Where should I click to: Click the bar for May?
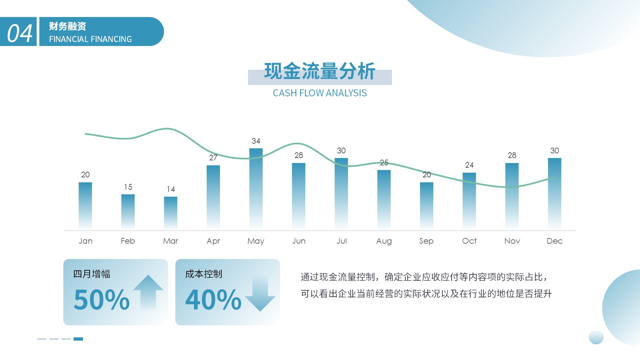(x=256, y=189)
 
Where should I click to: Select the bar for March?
(x=171, y=213)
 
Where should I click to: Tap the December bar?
(x=555, y=194)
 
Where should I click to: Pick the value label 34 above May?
(x=256, y=141)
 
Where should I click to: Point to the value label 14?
(x=171, y=189)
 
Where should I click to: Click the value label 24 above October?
(x=469, y=165)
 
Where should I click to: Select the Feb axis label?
(x=128, y=241)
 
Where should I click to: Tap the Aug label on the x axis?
(x=384, y=241)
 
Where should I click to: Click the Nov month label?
(x=512, y=241)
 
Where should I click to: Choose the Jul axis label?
(x=341, y=241)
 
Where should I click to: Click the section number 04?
(x=20, y=33)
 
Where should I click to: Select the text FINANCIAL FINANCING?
(x=90, y=39)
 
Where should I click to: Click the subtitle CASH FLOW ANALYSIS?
(x=320, y=93)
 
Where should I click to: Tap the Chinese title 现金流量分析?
(x=320, y=71)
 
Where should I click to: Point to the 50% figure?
(x=101, y=299)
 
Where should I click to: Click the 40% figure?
(x=213, y=299)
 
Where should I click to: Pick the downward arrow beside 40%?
(x=260, y=293)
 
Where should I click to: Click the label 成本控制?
(x=204, y=274)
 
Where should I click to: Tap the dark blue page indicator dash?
(x=78, y=339)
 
